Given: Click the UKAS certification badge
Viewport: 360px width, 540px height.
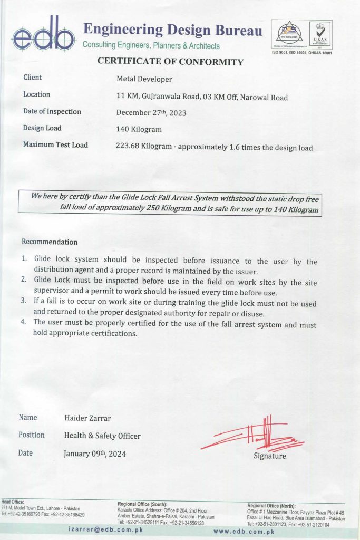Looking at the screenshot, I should [x=320, y=34].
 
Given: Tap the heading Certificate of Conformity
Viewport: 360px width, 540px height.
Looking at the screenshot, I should [x=170, y=62].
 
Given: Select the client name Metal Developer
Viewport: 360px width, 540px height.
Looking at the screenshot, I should [x=144, y=79].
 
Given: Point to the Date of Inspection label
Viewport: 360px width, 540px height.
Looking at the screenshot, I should [x=52, y=111].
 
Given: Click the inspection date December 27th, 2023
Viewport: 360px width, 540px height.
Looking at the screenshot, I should [x=151, y=112].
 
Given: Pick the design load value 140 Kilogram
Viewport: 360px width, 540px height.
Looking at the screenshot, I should [x=139, y=129].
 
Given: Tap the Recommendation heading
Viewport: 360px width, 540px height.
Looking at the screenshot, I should [x=50, y=242].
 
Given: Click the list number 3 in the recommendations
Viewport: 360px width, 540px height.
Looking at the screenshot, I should [x=24, y=301].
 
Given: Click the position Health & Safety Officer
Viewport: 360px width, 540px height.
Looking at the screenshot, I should [x=102, y=436].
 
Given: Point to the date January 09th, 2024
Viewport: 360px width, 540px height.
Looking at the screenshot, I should [x=95, y=454].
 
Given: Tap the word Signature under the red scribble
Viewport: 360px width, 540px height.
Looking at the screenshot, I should [x=270, y=456].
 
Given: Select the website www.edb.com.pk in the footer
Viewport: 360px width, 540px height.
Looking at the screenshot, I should [x=244, y=532].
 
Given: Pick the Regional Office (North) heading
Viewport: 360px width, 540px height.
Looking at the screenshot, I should [x=271, y=506].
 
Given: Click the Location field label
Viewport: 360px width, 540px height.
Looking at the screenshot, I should [x=37, y=94].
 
